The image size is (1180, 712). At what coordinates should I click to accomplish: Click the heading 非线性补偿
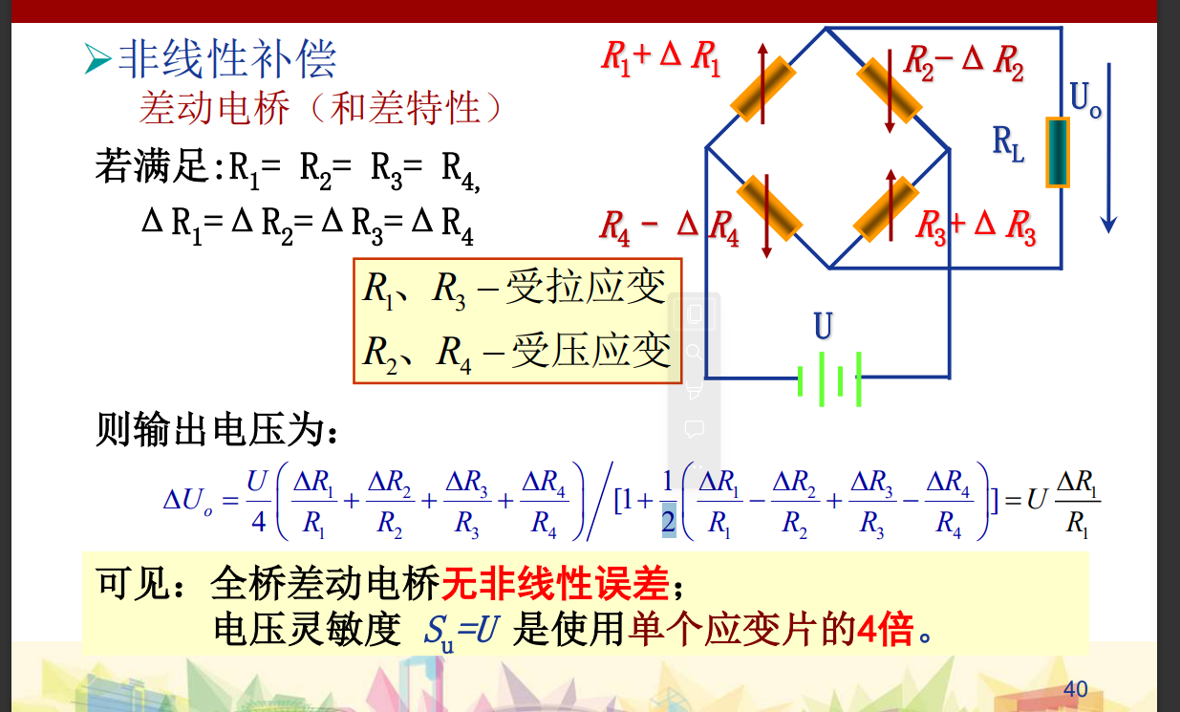click(227, 59)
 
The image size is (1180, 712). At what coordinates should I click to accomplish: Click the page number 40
click(1075, 689)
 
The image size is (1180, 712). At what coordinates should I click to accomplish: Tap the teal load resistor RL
click(1056, 153)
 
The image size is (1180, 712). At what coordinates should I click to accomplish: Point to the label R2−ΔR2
click(963, 61)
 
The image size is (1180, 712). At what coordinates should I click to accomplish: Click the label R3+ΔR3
click(976, 227)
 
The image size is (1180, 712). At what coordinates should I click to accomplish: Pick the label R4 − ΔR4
click(669, 227)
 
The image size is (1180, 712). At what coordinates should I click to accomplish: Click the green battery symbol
click(829, 378)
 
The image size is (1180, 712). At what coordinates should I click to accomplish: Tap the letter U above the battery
click(823, 327)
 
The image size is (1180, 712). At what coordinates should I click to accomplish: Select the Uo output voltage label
click(1085, 98)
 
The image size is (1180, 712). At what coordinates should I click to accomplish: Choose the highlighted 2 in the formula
click(668, 521)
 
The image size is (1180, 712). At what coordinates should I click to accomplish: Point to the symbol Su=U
click(461, 632)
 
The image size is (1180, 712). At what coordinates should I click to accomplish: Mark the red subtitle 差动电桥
click(214, 109)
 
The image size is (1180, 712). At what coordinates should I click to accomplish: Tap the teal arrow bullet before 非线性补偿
click(97, 60)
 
